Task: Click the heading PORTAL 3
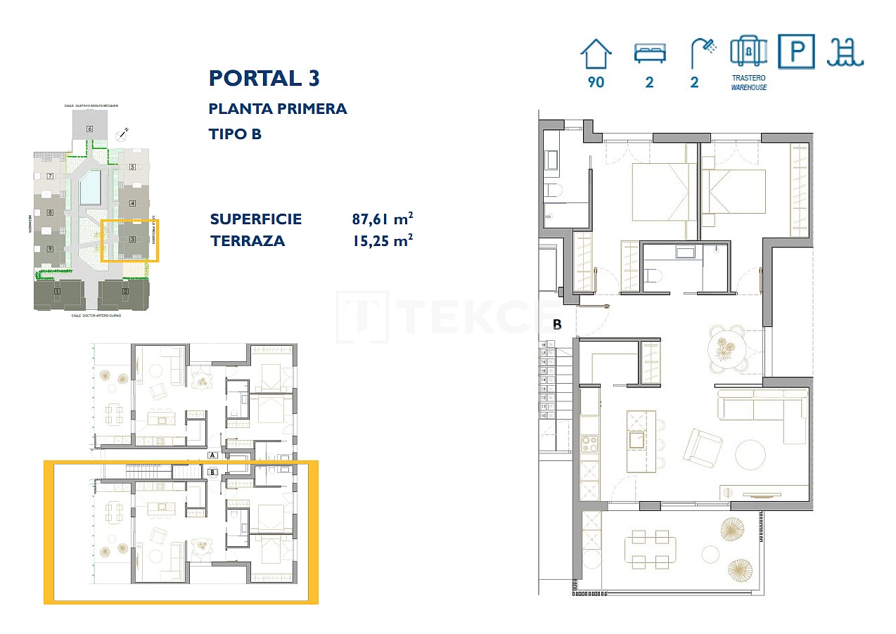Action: pyautogui.click(x=264, y=78)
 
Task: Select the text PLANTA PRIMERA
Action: pyautogui.click(x=278, y=109)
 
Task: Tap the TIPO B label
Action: pyautogui.click(x=235, y=134)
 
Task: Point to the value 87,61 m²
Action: pyautogui.click(x=382, y=219)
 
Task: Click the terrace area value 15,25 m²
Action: pyautogui.click(x=382, y=241)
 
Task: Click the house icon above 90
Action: pyautogui.click(x=596, y=53)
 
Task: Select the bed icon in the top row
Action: pyautogui.click(x=649, y=53)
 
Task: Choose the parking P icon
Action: pyautogui.click(x=796, y=52)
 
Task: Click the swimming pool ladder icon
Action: pyautogui.click(x=845, y=53)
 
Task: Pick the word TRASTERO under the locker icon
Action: pyautogui.click(x=748, y=78)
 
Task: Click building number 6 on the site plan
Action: pyautogui.click(x=89, y=129)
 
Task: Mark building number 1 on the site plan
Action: pyautogui.click(x=57, y=292)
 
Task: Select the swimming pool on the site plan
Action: pyautogui.click(x=91, y=188)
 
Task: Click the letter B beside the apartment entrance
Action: pyautogui.click(x=557, y=325)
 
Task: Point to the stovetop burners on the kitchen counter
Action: pyautogui.click(x=589, y=444)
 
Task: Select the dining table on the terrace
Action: pyautogui.click(x=650, y=549)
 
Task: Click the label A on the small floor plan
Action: pyautogui.click(x=212, y=455)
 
